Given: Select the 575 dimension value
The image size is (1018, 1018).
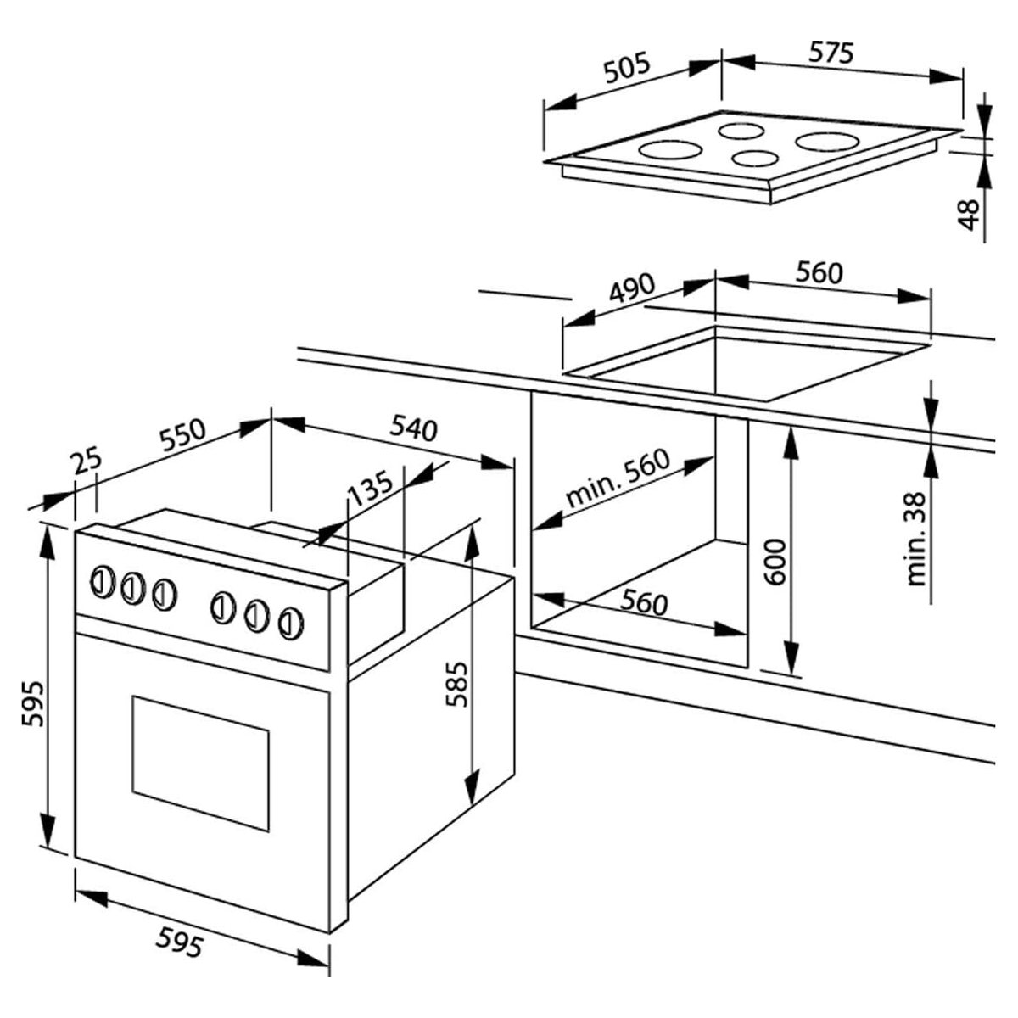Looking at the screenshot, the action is tap(831, 53).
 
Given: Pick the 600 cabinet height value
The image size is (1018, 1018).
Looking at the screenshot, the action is tap(775, 562).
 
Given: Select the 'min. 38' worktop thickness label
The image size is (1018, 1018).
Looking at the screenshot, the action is tap(916, 540).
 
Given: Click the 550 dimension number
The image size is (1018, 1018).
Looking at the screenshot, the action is tap(182, 436).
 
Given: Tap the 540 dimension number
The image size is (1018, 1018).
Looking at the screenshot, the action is tap(414, 428).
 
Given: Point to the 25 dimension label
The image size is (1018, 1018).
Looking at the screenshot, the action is tap(87, 461).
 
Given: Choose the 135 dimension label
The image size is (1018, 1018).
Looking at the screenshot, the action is tap(371, 487).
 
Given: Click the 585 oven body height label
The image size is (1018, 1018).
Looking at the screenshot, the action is tap(456, 685).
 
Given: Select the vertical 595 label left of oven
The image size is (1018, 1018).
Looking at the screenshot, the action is tap(33, 703).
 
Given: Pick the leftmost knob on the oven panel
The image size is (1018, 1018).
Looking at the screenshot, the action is tap(103, 582).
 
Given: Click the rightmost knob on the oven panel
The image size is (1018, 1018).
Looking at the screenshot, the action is tap(291, 623).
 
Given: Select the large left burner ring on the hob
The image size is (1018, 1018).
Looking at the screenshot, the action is tap(670, 149).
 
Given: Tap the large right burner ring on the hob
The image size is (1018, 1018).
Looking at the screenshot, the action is tap(827, 142).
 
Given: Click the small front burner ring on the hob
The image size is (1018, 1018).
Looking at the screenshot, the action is tap(755, 158).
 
